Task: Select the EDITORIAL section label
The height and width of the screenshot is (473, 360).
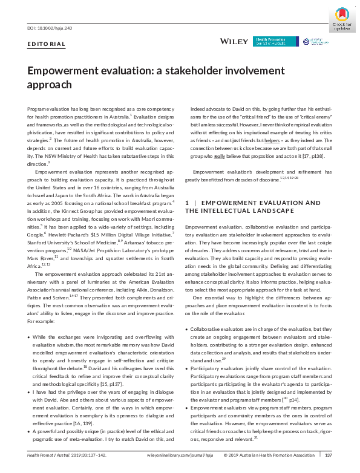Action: (x=47, y=44)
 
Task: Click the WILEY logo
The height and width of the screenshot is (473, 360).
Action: (x=234, y=41)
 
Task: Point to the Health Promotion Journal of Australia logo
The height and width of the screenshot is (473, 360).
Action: (x=276, y=41)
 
